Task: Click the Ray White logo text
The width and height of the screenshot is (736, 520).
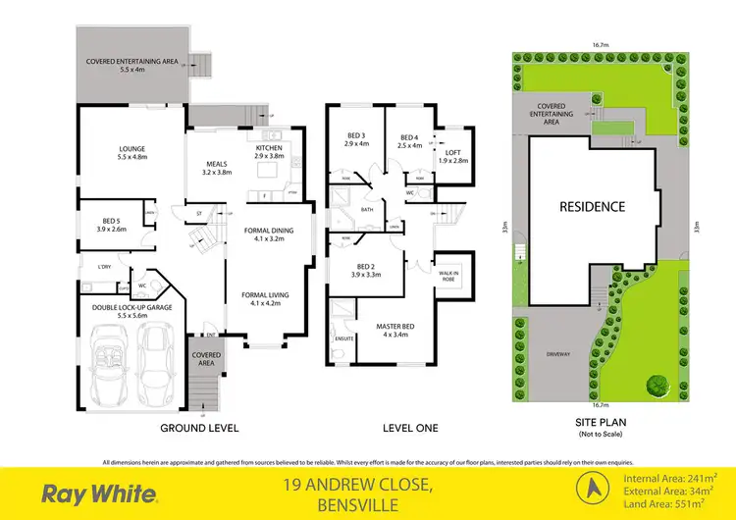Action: [94, 494]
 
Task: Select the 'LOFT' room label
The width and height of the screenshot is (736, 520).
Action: [452, 152]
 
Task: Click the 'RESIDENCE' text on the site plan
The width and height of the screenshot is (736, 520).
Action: [592, 207]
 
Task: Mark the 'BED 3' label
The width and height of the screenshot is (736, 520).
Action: [355, 135]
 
